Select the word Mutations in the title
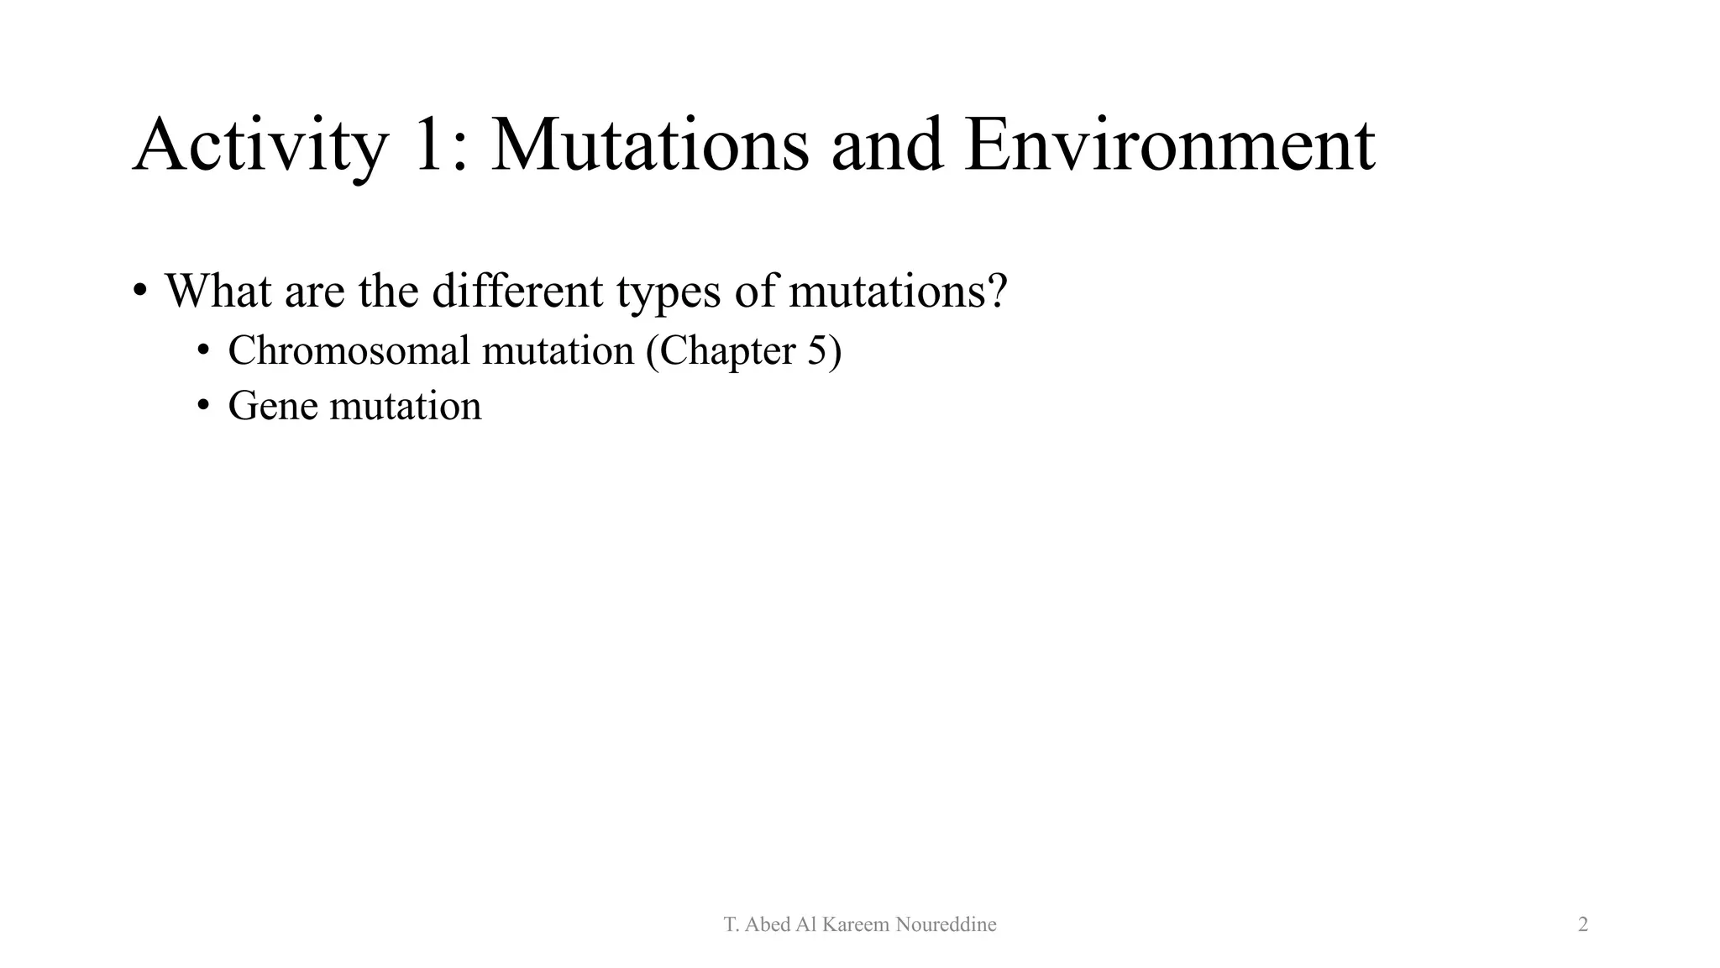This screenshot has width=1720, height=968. pyautogui.click(x=649, y=145)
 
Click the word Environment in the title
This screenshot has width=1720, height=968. pyautogui.click(x=1169, y=145)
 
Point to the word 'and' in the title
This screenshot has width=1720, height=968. pyautogui.click(x=887, y=145)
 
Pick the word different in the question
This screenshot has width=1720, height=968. pyautogui.click(x=517, y=291)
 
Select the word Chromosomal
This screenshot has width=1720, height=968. pyautogui.click(x=349, y=350)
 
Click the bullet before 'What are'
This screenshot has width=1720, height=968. pyautogui.click(x=140, y=292)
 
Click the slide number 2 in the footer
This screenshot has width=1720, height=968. pyautogui.click(x=1583, y=925)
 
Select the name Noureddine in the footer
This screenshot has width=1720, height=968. pyautogui.click(x=946, y=925)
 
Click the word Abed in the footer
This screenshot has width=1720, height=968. pyautogui.click(x=767, y=925)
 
